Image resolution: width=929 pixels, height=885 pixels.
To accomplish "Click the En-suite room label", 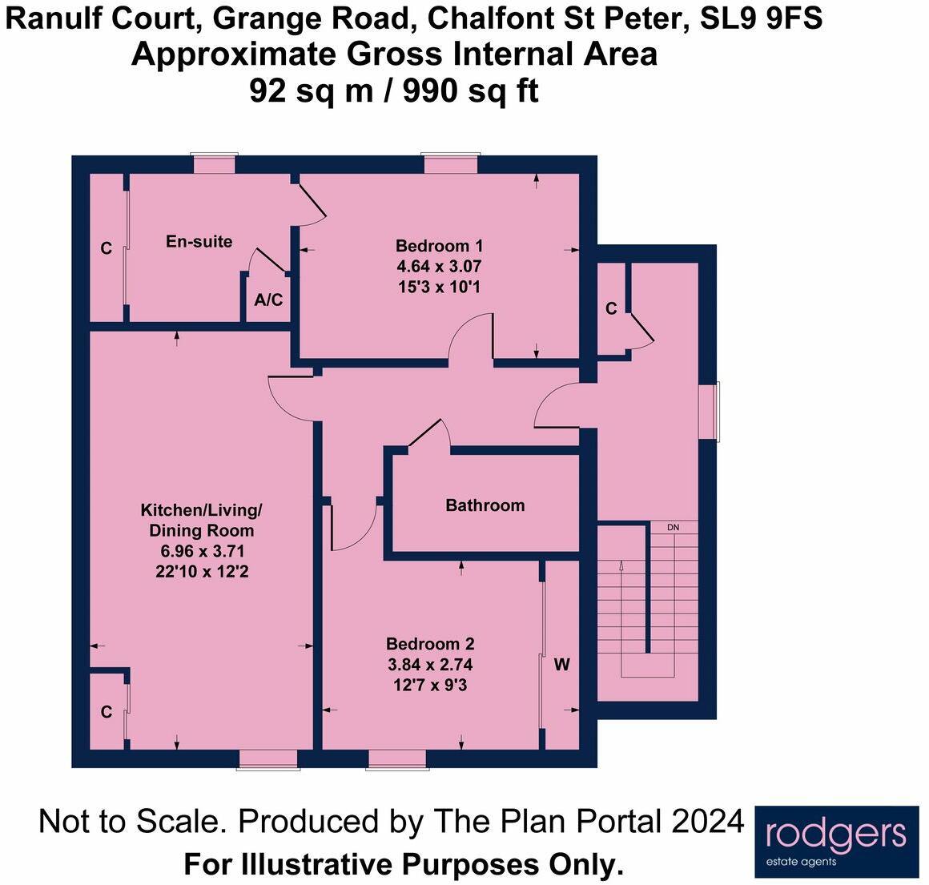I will (199, 241).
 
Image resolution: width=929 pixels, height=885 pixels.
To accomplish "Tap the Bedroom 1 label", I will (439, 246).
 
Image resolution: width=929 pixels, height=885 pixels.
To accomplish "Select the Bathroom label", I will (485, 505).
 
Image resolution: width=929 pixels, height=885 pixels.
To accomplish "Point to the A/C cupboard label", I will (268, 300).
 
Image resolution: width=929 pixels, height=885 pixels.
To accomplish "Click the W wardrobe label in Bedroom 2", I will (561, 665).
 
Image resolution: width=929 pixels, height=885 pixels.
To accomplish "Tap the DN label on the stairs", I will (673, 528).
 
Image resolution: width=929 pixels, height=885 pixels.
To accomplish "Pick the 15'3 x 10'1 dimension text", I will (439, 286).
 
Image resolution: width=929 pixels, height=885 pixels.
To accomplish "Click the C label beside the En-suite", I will (106, 249).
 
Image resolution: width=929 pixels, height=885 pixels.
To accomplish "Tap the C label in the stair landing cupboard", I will (611, 308).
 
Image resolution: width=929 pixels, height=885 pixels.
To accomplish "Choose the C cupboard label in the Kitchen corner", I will (106, 711).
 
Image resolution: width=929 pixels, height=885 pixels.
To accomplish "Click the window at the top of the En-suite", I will (215, 163).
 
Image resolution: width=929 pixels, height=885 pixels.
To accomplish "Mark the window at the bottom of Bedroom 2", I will (397, 759).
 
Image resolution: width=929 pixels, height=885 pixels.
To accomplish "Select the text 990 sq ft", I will (471, 91).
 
